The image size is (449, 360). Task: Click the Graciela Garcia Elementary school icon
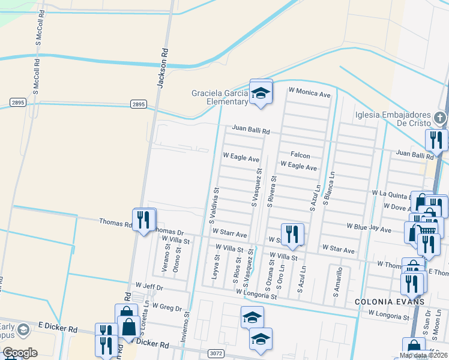(261, 92)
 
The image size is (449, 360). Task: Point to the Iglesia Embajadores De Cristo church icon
(440, 118)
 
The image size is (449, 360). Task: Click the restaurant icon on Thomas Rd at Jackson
(143, 220)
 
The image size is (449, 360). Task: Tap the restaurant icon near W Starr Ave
(292, 233)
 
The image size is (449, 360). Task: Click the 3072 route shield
(216, 354)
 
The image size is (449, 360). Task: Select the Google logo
(20, 353)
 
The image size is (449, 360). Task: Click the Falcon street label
(301, 155)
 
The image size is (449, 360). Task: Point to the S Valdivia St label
(214, 205)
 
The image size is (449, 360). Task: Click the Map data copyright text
(424, 355)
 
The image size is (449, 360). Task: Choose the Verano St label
(164, 262)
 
